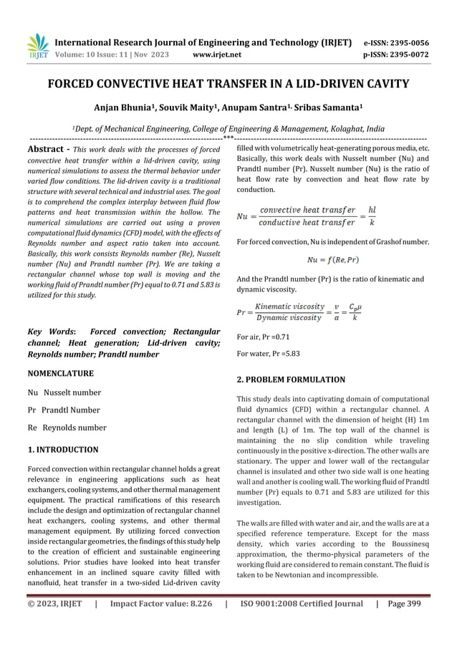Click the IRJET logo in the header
35,47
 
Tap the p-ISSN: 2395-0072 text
399,54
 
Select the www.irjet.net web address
217,54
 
